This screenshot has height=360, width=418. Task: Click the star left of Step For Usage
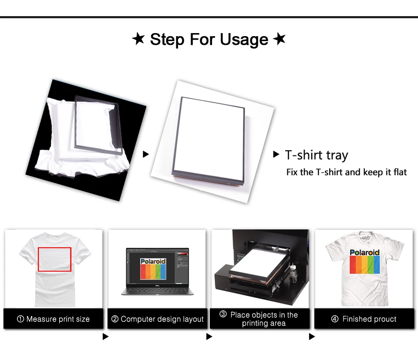(138, 39)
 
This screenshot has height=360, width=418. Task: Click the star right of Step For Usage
(279, 39)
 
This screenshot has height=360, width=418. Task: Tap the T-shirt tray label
(317, 155)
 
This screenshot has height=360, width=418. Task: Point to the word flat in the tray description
(400, 172)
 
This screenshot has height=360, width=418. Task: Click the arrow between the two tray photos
(145, 154)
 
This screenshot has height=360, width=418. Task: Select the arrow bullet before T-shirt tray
(276, 154)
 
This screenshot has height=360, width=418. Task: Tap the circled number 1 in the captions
(20, 319)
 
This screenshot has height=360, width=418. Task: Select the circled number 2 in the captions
(115, 319)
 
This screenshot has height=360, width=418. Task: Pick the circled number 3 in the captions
(223, 314)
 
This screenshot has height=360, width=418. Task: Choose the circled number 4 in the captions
(334, 319)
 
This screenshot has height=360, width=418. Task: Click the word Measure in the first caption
(41, 319)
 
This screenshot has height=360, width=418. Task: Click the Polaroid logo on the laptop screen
(153, 269)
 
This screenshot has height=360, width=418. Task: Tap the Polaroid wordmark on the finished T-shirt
(364, 252)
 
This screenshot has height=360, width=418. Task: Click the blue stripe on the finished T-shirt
(376, 265)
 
